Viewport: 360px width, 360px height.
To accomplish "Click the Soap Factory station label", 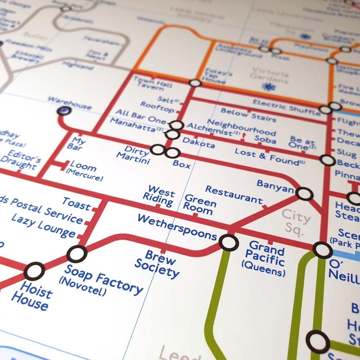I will pyautogui.click(x=103, y=280).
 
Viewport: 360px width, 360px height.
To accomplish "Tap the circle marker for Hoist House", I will pyautogui.click(x=34, y=271).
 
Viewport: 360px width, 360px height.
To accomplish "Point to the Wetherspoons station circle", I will pyautogui.click(x=229, y=242).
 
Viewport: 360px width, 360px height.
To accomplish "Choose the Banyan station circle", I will pyautogui.click(x=304, y=194).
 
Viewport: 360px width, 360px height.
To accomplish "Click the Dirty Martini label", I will pyautogui.click(x=133, y=155).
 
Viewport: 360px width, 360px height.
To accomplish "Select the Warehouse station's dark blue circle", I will pyautogui.click(x=64, y=111).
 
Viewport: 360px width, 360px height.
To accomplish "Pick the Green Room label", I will pyautogui.click(x=200, y=205).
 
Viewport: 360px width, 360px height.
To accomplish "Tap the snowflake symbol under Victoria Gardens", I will pyautogui.click(x=268, y=87).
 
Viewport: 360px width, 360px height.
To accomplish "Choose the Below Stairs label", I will pyautogui.click(x=248, y=115).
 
